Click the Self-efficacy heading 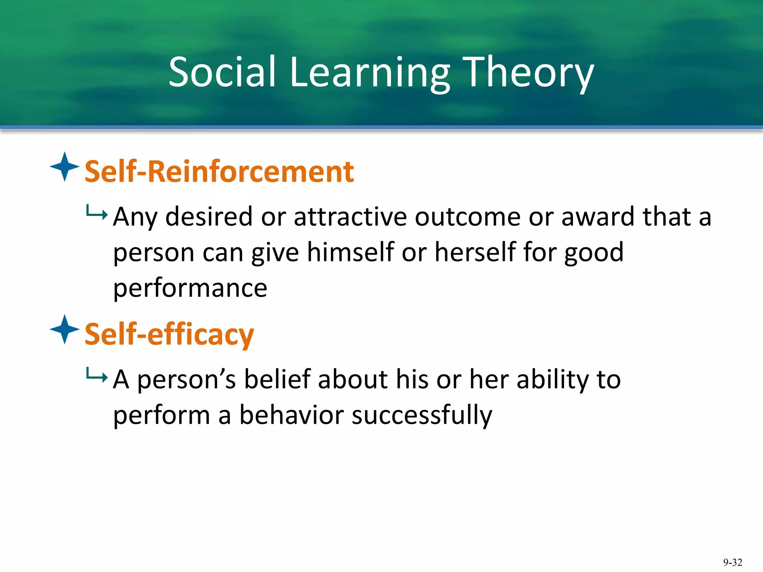(x=169, y=334)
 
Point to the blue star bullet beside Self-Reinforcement (x=64, y=167)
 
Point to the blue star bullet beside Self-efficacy (x=64, y=329)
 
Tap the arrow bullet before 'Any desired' (x=96, y=213)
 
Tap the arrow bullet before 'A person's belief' (x=96, y=376)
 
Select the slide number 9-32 (x=732, y=562)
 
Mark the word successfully (x=422, y=415)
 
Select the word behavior (x=291, y=415)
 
